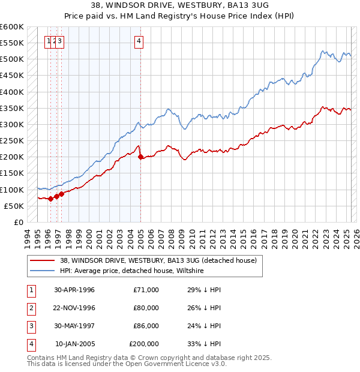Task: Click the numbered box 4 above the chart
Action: point(139,41)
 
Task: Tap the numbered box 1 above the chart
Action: point(49,41)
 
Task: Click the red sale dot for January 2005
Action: point(140,157)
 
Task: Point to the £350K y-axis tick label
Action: point(12,109)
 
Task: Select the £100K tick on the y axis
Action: point(12,190)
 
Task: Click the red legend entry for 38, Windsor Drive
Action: point(158,260)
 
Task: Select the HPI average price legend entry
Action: point(132,271)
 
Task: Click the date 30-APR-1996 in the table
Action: point(74,290)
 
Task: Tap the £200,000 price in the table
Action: point(144,344)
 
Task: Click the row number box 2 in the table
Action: point(31,308)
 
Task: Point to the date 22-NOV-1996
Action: point(74,308)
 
